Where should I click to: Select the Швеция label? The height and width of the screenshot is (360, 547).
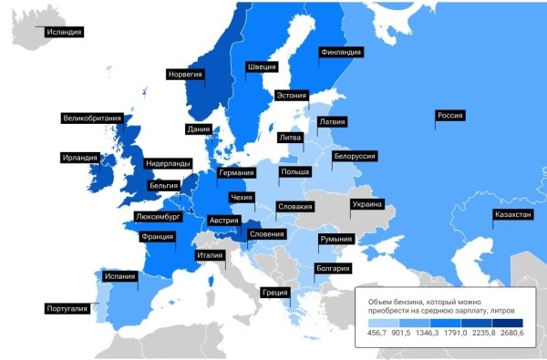point(261,67)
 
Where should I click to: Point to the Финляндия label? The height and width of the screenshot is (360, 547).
point(341,53)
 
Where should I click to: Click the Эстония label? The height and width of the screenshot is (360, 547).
point(291,95)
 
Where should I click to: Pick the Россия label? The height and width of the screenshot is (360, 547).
point(451,116)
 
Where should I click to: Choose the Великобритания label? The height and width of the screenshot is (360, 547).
point(92,118)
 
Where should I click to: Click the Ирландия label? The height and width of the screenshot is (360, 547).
point(80,158)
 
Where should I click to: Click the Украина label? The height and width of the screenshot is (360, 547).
point(366,205)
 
